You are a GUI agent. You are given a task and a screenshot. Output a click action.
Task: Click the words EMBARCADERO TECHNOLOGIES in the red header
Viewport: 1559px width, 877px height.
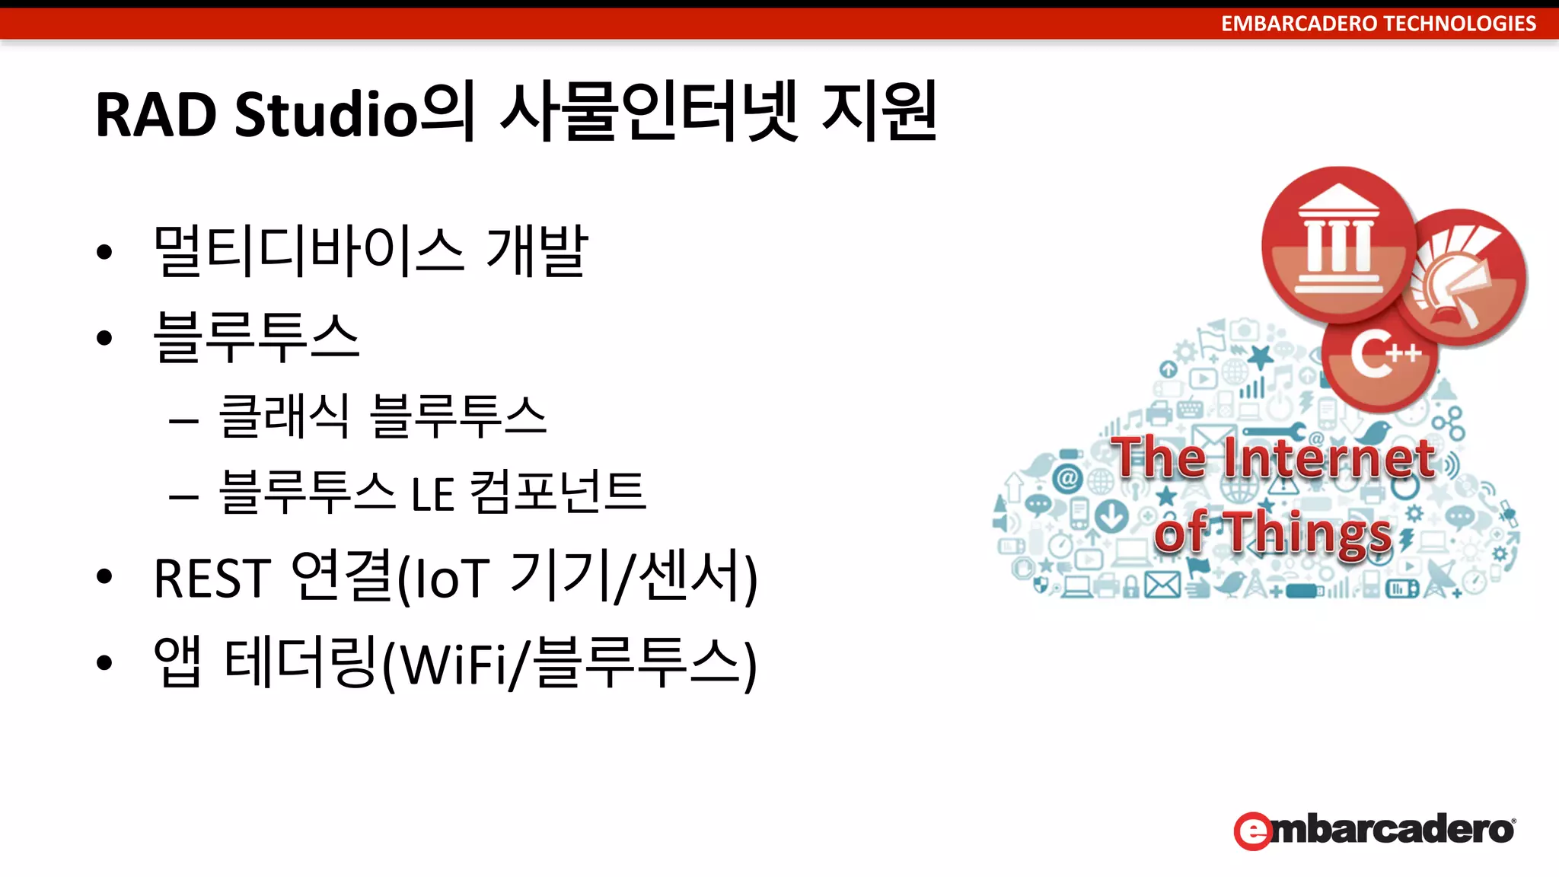pos(1378,24)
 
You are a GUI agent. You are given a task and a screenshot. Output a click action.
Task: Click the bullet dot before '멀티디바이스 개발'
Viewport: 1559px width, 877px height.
pos(104,252)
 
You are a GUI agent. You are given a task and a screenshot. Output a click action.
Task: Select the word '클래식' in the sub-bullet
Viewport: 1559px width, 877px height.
pos(283,416)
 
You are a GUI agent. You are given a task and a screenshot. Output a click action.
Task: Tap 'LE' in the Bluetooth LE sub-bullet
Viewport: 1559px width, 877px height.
pos(432,493)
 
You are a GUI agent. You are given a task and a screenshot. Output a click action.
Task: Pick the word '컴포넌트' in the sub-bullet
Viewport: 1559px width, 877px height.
pos(558,492)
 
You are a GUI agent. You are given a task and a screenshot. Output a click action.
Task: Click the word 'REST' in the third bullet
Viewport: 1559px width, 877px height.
pos(212,579)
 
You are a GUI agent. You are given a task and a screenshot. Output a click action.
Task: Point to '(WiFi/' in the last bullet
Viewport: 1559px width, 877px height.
pos(454,664)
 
